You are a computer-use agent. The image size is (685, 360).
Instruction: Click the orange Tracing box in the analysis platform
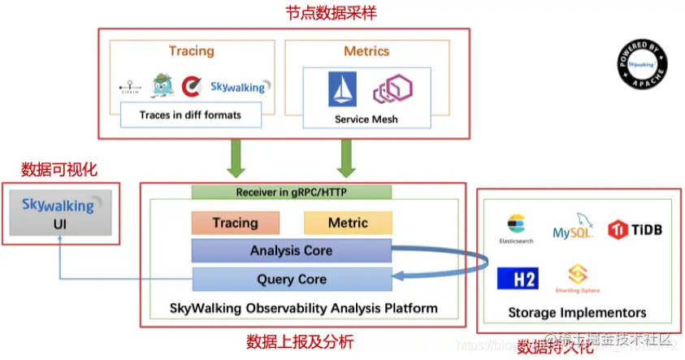pyautogui.click(x=236, y=223)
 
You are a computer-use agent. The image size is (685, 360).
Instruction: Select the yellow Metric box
pyautogui.click(x=348, y=223)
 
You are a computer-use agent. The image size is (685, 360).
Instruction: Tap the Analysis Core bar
pyautogui.click(x=291, y=250)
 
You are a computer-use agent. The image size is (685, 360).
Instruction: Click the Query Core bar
pyautogui.click(x=291, y=279)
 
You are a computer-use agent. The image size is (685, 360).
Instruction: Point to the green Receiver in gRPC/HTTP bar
pyautogui.click(x=291, y=193)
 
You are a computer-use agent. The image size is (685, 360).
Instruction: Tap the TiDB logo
pyautogui.click(x=635, y=229)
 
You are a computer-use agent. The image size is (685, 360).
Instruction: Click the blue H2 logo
pyautogui.click(x=518, y=279)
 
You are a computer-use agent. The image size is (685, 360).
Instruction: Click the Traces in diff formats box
pyautogui.click(x=191, y=115)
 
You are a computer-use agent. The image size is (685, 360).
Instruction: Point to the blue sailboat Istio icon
pyautogui.click(x=342, y=89)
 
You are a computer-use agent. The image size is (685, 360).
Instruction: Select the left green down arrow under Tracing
pyautogui.click(x=236, y=157)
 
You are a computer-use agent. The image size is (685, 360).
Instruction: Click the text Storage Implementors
pyautogui.click(x=577, y=313)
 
